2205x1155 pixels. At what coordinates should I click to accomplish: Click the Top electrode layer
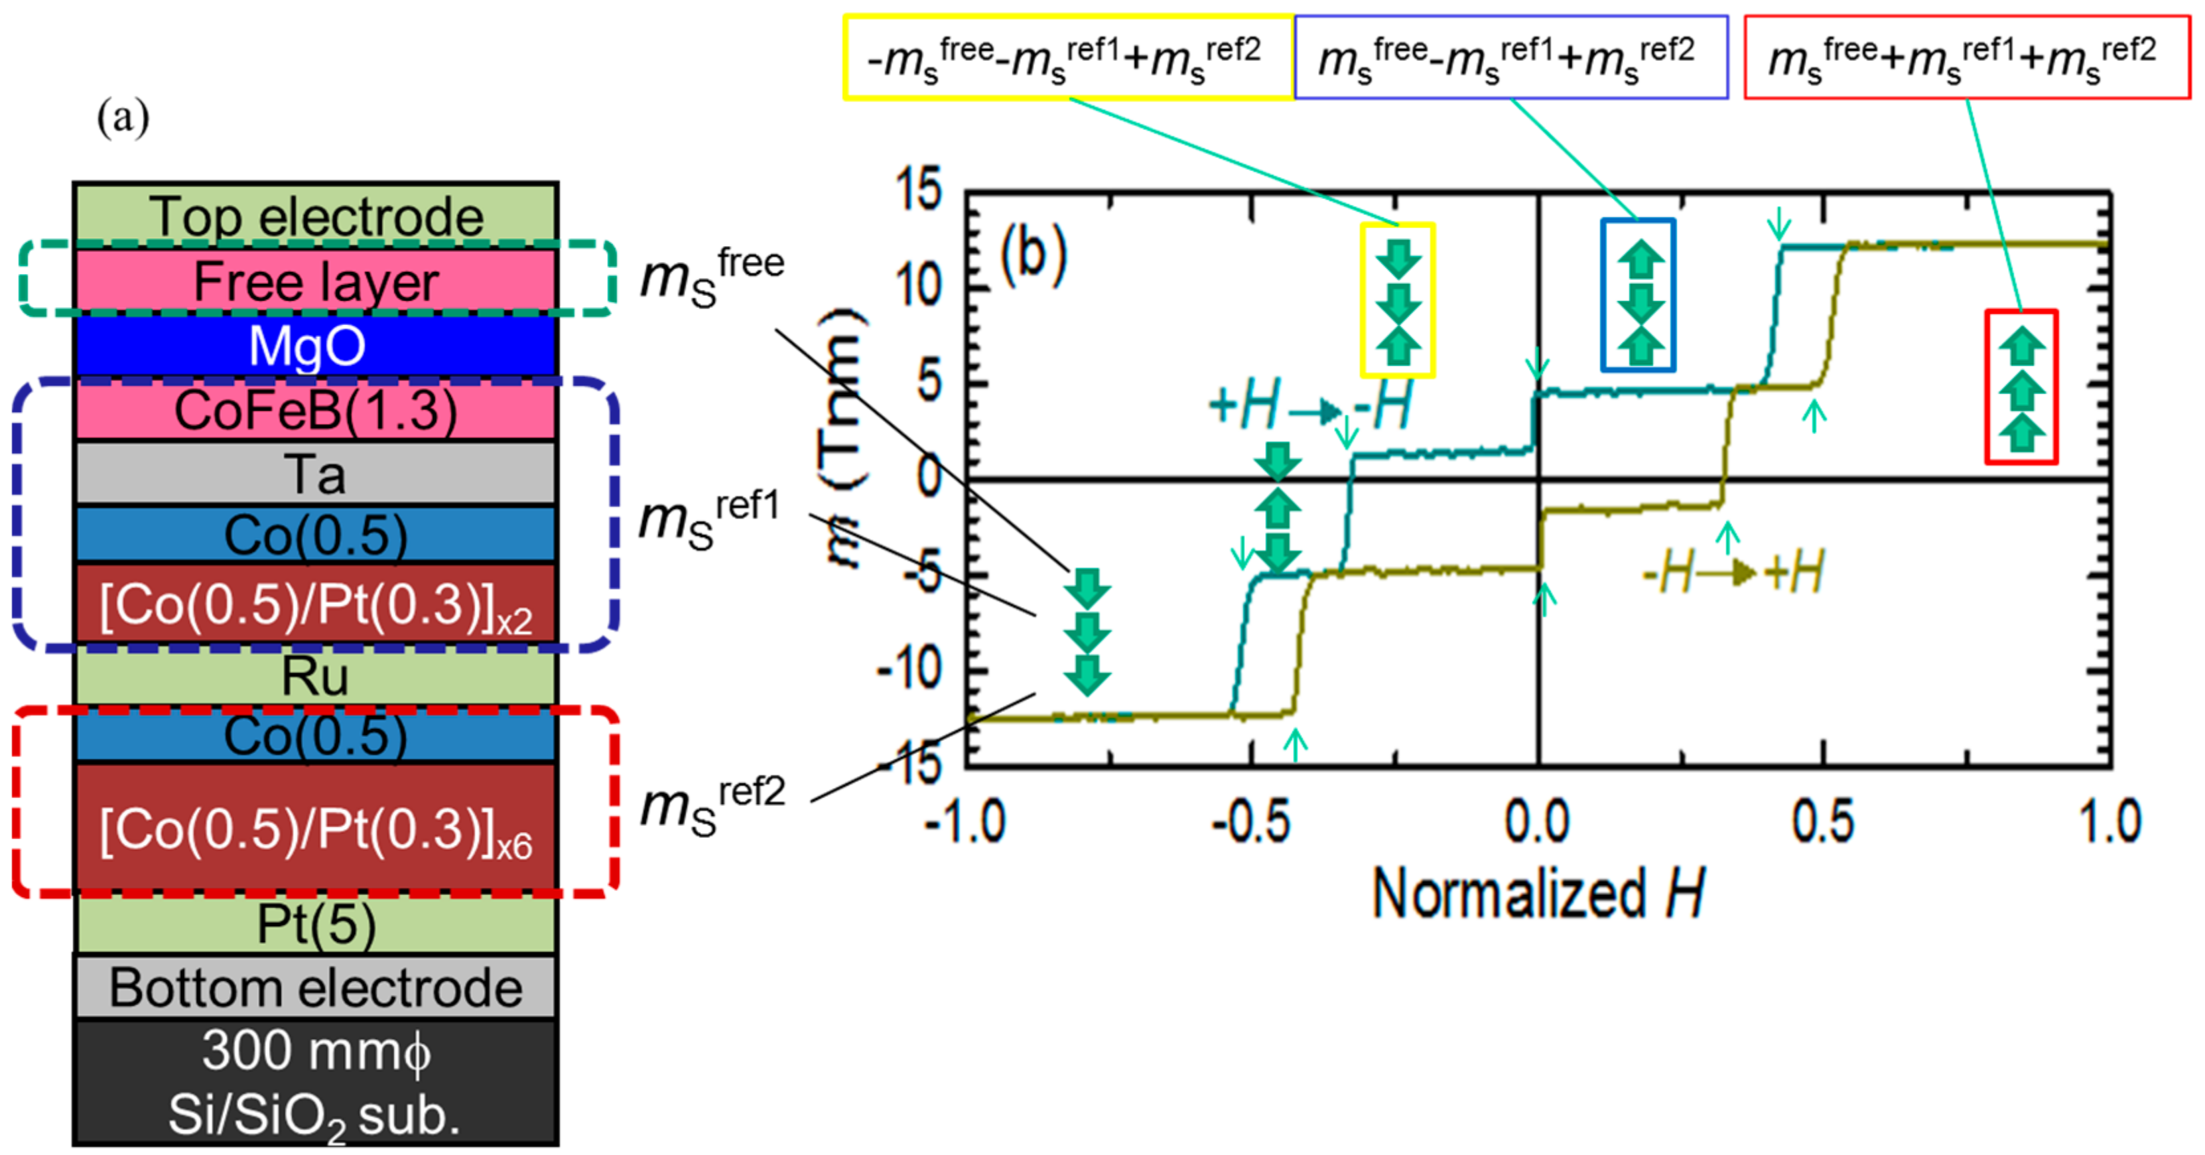pyautogui.click(x=315, y=214)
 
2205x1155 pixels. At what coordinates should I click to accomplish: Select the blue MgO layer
pyautogui.click(x=315, y=346)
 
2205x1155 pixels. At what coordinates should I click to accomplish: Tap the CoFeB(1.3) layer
pyautogui.click(x=315, y=410)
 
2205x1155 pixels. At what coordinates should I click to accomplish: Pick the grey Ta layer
pyautogui.click(x=315, y=474)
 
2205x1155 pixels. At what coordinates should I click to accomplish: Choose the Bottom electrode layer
pyautogui.click(x=315, y=987)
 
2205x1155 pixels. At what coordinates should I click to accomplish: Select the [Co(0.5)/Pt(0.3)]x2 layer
pyautogui.click(x=315, y=604)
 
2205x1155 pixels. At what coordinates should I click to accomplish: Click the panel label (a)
pyautogui.click(x=123, y=117)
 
